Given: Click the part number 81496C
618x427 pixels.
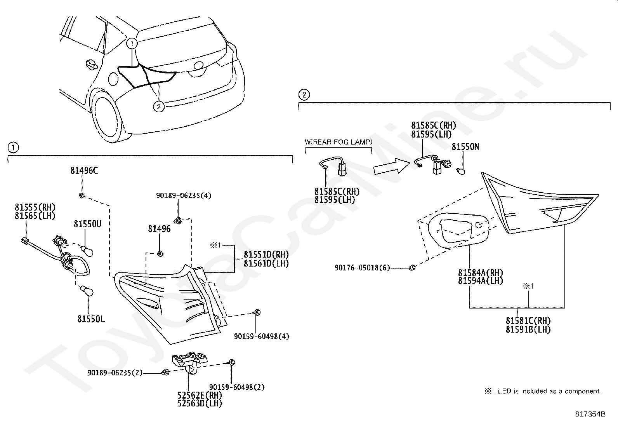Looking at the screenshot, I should pos(84,170).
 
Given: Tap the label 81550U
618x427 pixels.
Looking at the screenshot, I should pos(87,224).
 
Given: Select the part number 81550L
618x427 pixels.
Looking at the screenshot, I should pos(91,319).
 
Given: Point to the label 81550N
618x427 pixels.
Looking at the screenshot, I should pos(465,147).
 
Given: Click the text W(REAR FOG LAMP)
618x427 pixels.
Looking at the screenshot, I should pos(338,142).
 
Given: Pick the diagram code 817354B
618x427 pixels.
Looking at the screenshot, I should pos(590,414).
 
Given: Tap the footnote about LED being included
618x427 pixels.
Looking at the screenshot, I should pos(542,391).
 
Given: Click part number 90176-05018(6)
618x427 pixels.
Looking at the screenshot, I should pos(362,268).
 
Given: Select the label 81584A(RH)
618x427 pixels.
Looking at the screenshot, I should pos(481,272).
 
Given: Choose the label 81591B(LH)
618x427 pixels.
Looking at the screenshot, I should pos(528,329).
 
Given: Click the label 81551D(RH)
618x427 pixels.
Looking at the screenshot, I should pos(266,254).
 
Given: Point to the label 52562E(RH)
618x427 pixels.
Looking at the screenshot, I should pos(200,395).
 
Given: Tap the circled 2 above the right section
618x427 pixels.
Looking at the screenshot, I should pos(304,94).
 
